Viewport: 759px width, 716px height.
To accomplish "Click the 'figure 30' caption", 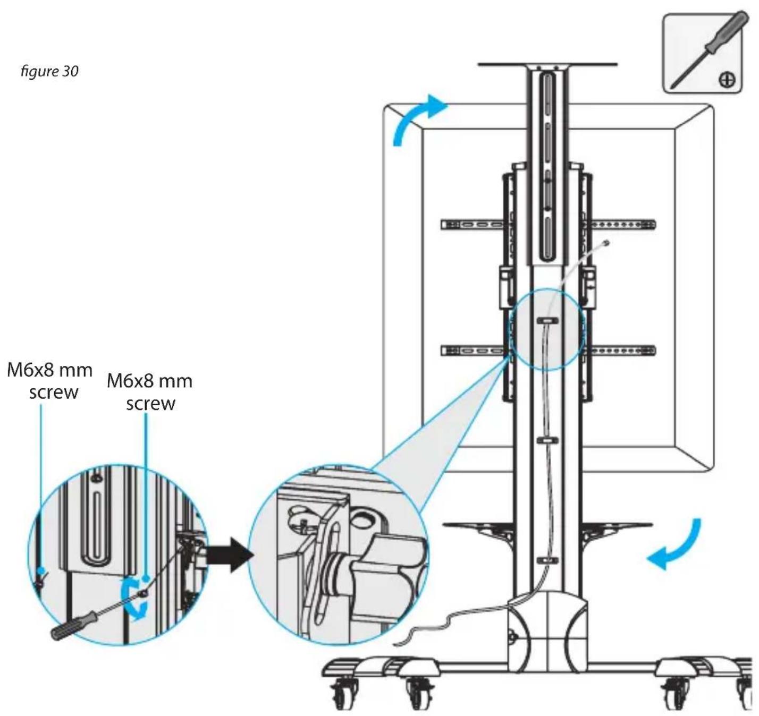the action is click(x=49, y=72).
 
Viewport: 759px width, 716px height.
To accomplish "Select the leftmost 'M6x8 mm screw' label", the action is click(x=50, y=381).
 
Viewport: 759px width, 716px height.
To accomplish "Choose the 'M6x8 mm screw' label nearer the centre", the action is click(x=150, y=393).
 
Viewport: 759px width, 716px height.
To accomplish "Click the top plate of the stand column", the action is click(x=547, y=64).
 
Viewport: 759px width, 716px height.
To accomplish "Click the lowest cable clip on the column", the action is click(x=547, y=560).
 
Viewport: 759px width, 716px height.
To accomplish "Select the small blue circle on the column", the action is click(x=547, y=329).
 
